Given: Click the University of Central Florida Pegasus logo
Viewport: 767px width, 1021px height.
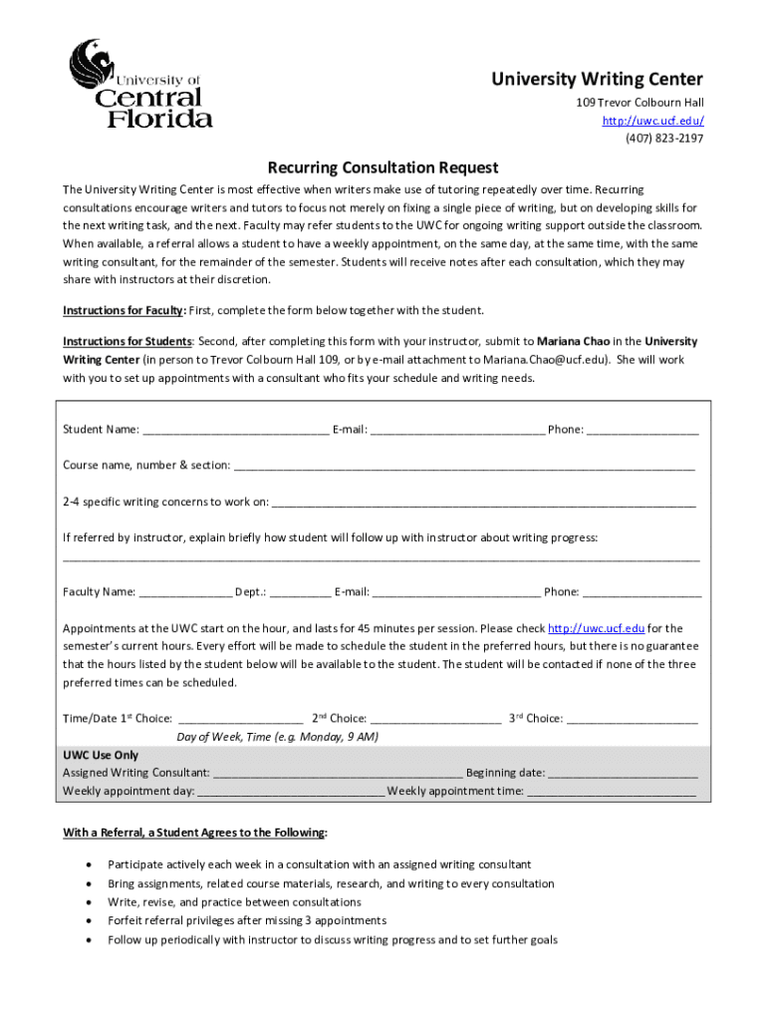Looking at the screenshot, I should point(139,84).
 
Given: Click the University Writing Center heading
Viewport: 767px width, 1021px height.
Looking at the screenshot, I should point(597,80).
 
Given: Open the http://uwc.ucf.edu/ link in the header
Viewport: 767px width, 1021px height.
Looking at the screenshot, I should point(652,121).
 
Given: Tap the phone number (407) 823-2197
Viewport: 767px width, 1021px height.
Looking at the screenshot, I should point(664,139).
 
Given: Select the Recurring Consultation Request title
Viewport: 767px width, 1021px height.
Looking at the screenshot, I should point(383,168).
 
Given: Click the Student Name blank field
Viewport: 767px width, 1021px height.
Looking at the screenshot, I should point(235,431).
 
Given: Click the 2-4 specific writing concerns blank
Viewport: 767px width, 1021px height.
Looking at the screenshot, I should point(483,503).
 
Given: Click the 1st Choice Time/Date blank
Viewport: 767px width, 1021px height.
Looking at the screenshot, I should point(240,719).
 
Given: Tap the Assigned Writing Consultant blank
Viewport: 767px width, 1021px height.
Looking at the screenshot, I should point(338,774).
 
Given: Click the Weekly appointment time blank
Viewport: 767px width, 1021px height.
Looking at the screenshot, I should point(611,792).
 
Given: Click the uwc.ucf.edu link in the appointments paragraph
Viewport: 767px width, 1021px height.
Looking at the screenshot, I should point(597,629).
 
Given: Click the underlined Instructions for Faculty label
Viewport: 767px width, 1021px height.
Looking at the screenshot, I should point(125,310).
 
